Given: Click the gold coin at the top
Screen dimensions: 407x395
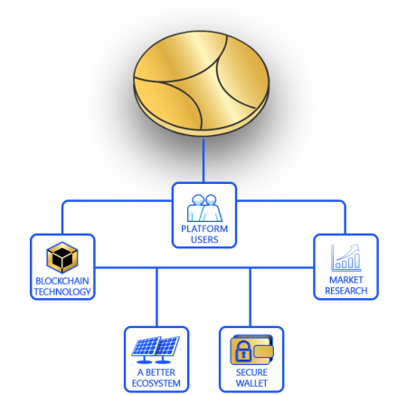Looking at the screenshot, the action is click(201, 83).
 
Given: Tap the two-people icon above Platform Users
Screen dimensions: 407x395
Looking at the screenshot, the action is click(204, 207).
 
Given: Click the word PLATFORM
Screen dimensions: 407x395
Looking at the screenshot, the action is click(204, 228).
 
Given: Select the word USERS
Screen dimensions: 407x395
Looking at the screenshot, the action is click(204, 239).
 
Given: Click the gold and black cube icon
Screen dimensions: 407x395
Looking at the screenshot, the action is click(62, 257).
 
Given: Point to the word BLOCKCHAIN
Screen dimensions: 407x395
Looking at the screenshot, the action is click(62, 281).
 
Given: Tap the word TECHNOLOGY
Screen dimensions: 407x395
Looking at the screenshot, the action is click(62, 292).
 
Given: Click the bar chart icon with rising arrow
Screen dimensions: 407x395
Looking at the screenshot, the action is click(345, 257).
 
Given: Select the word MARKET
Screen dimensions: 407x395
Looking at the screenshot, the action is click(346, 280).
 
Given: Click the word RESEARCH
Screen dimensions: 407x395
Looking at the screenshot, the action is click(346, 291).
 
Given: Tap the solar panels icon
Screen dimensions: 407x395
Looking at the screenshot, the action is click(156, 350).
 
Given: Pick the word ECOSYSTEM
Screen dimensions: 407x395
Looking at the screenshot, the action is click(156, 383).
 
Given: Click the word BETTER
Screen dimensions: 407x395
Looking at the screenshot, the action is click(160, 372).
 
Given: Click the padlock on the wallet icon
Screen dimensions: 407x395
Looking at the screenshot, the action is click(243, 351).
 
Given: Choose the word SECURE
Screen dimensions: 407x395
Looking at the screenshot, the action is click(251, 372).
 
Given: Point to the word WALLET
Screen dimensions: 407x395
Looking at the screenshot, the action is click(251, 383).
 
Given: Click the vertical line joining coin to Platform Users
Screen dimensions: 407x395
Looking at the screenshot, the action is click(203, 160).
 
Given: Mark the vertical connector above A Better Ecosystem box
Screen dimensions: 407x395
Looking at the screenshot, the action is click(156, 297).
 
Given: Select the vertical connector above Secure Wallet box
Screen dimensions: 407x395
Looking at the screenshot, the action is click(250, 297).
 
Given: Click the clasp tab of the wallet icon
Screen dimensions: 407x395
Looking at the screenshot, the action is click(263, 352).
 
